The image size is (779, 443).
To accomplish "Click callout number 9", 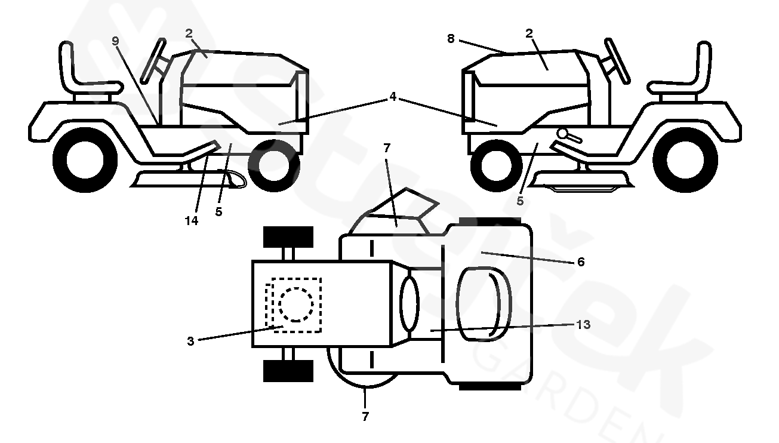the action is (x=116, y=41).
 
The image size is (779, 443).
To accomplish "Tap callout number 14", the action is (x=192, y=220).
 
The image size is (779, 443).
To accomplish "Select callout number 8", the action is (x=451, y=39).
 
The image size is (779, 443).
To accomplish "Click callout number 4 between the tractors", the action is (x=392, y=96).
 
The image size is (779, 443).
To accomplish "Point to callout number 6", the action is (x=581, y=262).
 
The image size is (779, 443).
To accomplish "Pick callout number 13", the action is (x=583, y=325).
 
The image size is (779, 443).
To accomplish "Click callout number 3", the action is (x=190, y=342).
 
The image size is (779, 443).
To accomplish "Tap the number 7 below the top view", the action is (x=365, y=417).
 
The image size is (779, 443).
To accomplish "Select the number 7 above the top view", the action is (x=386, y=147).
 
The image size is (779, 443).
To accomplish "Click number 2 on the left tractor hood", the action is (x=189, y=33).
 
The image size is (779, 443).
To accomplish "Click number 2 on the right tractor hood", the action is (x=529, y=33).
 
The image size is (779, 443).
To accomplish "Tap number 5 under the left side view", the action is (x=219, y=212).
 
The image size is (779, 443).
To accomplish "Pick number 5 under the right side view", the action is (x=520, y=201).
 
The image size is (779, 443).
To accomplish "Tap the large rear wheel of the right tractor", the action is (x=676, y=159).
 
